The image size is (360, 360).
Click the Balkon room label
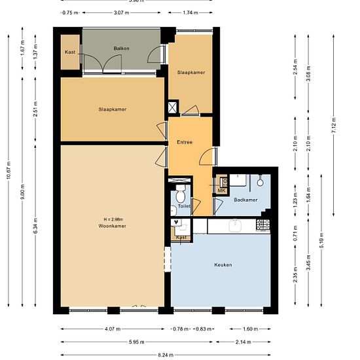pos(121,48)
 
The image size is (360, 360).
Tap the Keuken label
pos(223,265)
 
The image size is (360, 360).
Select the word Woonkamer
pos(112,226)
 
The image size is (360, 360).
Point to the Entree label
pos(185,142)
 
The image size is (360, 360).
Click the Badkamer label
pos(245,200)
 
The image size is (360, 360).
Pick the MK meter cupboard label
pos(221,190)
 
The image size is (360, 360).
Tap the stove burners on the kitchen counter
pos(262,226)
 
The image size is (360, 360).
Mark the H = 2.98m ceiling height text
pos(112,219)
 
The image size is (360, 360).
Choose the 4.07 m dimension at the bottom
pos(112,329)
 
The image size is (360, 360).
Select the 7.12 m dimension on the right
pos(334,128)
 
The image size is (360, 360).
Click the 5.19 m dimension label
pos(321,238)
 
